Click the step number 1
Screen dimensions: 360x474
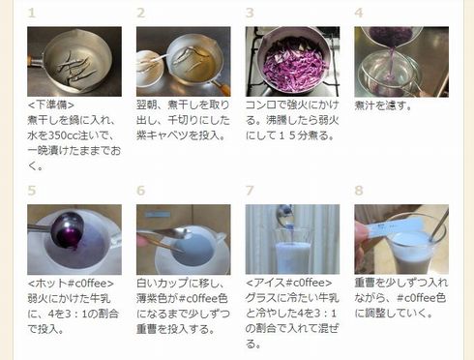[x=32, y=14]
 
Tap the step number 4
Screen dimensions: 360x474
[x=359, y=14]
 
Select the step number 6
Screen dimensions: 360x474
[x=141, y=192]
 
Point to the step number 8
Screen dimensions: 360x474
[x=359, y=192]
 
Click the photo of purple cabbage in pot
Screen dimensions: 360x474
[x=292, y=60]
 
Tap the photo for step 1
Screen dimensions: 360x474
[x=74, y=60]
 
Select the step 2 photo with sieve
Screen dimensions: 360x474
[x=183, y=60]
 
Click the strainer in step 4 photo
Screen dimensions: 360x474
[x=387, y=68]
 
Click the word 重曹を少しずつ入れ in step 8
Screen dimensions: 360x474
[x=400, y=284]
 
